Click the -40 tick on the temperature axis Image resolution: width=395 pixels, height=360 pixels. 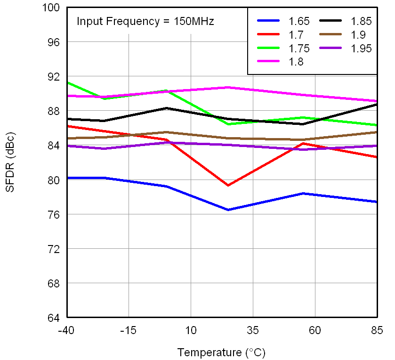(x=66, y=330)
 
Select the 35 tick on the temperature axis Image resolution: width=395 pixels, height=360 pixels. (x=253, y=330)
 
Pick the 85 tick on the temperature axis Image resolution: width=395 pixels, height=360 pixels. (x=377, y=330)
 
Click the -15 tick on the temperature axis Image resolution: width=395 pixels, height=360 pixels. (x=129, y=330)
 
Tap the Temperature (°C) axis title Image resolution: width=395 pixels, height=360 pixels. (x=221, y=352)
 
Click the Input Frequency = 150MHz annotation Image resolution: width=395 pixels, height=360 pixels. (x=145, y=21)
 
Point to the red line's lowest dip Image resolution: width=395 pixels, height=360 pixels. (x=228, y=185)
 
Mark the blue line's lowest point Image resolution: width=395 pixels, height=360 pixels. (x=228, y=210)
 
